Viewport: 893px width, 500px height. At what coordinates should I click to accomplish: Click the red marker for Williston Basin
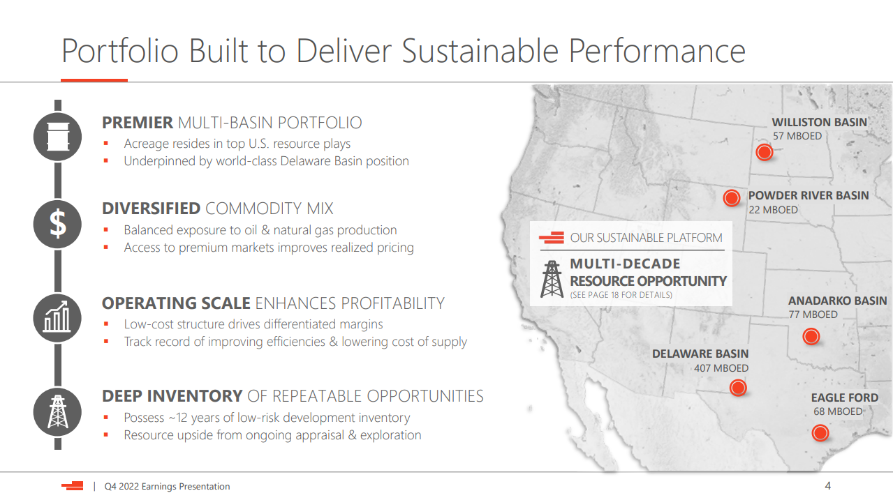(x=765, y=152)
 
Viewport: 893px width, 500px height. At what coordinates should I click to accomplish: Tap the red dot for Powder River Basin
(x=732, y=198)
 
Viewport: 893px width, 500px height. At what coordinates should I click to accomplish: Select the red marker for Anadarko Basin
(x=811, y=336)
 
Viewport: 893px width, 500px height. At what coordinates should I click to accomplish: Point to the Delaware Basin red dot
(x=738, y=387)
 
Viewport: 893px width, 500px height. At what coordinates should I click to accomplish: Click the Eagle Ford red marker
(x=820, y=433)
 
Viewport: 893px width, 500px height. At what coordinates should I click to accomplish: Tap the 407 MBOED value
(x=721, y=368)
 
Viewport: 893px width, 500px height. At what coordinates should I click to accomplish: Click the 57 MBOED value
(x=797, y=136)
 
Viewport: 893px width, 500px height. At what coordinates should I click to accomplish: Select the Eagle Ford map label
(x=845, y=397)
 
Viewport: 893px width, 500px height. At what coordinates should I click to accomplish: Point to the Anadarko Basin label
(x=838, y=301)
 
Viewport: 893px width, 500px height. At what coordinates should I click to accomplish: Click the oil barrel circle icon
(x=58, y=137)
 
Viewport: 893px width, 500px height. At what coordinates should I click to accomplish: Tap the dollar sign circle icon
(x=58, y=224)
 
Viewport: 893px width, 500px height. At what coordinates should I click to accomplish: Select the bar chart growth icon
(x=58, y=318)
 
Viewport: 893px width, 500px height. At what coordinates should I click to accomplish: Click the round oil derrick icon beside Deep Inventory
(x=58, y=411)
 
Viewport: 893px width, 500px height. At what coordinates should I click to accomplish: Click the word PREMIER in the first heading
(x=138, y=123)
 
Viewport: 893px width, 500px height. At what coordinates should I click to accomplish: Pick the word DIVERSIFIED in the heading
(x=151, y=209)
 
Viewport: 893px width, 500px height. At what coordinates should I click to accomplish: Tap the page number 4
(x=827, y=485)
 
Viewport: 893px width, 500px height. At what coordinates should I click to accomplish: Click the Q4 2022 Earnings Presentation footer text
(x=167, y=486)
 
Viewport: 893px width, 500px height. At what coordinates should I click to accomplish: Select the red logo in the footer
(x=72, y=485)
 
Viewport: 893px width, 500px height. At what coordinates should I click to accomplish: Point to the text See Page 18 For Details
(x=621, y=295)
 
